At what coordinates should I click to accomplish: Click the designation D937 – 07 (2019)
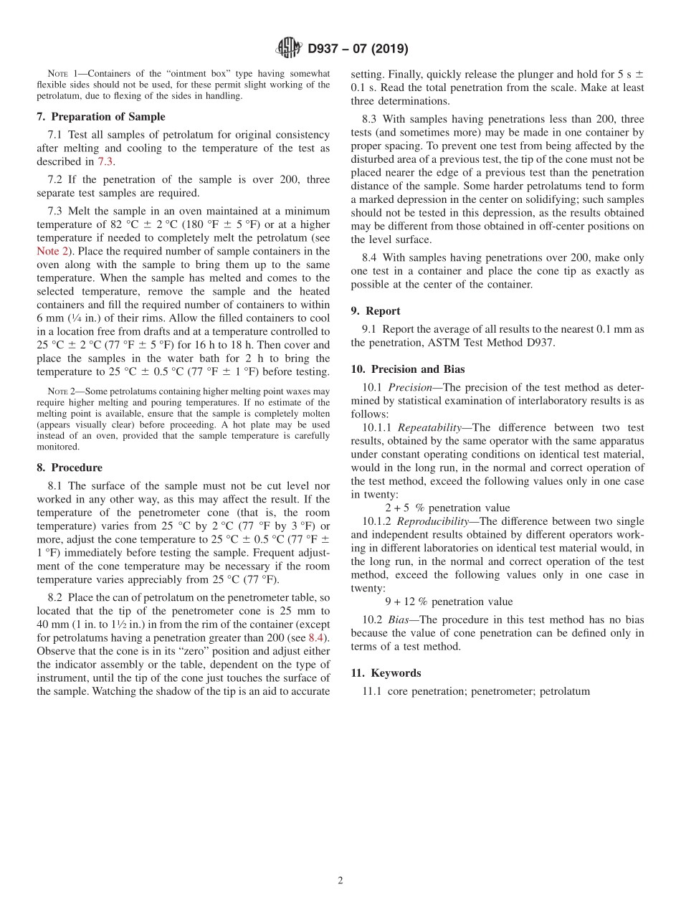[x=358, y=49]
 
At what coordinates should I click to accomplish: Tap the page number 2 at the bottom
[x=340, y=881]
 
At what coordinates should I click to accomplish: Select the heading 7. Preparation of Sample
[x=100, y=117]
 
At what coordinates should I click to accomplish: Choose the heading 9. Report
[x=376, y=310]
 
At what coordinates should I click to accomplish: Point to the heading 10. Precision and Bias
[x=407, y=369]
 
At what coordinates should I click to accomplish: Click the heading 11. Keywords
[x=386, y=673]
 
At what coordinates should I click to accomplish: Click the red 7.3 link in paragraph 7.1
[x=106, y=161]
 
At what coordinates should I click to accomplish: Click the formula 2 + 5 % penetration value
[x=447, y=508]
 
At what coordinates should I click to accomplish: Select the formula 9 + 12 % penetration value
[x=449, y=602]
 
